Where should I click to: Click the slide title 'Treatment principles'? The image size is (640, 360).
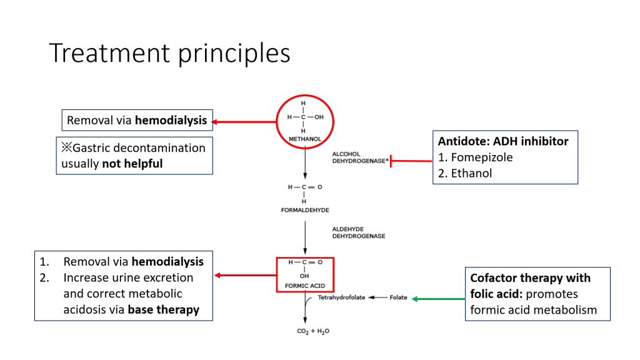coord(169,54)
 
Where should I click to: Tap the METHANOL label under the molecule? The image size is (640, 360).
coord(304,137)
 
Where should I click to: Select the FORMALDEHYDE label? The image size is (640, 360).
coord(304,210)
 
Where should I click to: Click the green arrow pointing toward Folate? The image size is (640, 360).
coord(437,298)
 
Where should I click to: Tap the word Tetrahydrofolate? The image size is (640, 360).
coord(341,298)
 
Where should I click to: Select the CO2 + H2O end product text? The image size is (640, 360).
coord(312,331)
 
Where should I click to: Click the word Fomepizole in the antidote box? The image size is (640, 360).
coord(481,157)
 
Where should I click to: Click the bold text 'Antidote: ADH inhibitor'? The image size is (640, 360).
coord(502,141)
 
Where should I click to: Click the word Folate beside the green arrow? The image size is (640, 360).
coord(398,298)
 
